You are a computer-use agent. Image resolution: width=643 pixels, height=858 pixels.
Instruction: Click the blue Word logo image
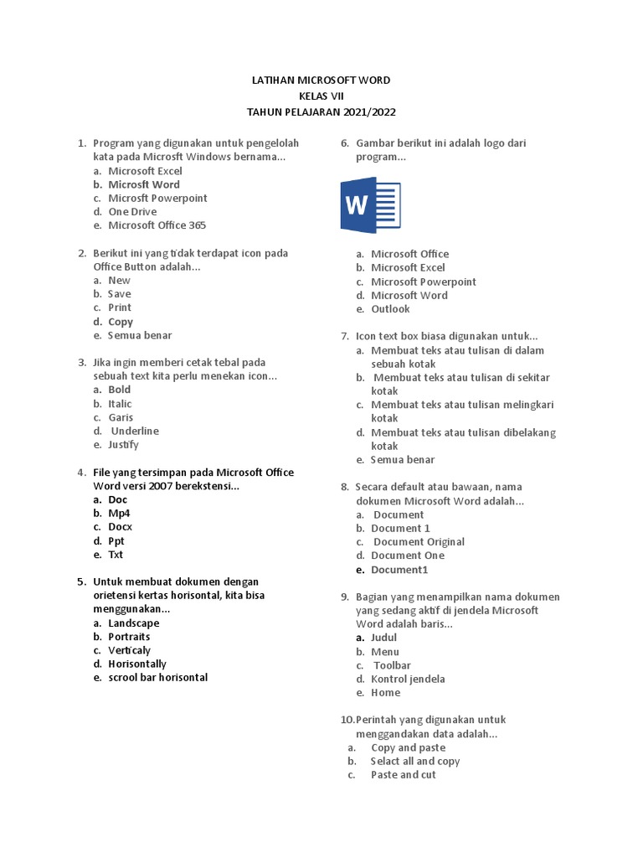370,204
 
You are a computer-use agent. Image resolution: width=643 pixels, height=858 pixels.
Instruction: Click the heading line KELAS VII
321,96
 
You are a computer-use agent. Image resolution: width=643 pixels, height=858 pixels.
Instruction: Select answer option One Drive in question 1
132,212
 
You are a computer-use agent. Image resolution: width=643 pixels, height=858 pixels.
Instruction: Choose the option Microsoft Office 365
157,225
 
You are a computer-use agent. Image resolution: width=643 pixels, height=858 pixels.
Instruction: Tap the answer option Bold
120,390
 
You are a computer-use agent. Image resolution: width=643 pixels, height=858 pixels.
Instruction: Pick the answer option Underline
135,431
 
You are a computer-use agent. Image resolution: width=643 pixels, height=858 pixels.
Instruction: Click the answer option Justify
123,445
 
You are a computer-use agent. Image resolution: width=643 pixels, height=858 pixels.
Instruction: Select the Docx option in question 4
121,527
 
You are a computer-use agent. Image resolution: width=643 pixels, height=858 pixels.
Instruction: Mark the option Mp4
120,513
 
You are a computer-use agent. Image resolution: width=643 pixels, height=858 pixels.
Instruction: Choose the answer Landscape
133,623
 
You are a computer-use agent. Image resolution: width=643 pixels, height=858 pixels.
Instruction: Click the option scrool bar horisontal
157,677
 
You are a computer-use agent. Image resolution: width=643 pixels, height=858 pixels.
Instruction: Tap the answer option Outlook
390,309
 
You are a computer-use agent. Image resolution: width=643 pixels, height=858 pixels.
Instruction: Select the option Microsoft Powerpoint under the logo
424,282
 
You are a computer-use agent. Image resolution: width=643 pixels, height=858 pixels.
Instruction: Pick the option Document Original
419,542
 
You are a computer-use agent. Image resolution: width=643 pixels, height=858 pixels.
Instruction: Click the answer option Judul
384,638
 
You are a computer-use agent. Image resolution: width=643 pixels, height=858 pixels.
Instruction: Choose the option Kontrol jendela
408,679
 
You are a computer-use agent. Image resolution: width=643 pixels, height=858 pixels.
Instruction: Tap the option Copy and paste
408,747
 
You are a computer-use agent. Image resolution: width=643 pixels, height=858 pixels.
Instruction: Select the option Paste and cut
403,775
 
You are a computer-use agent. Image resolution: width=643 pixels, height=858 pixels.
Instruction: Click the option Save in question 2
120,294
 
